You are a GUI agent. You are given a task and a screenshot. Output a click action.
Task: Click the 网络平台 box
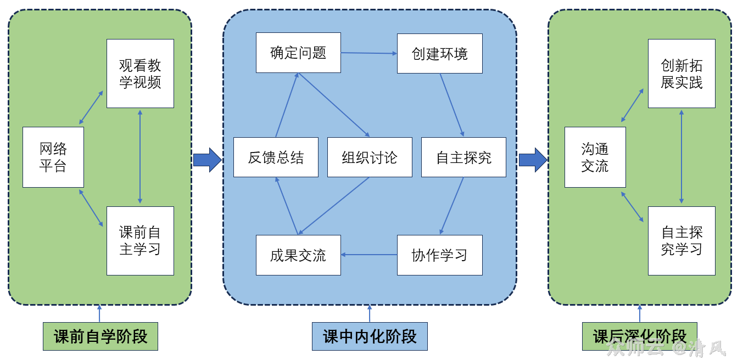pos(53,157)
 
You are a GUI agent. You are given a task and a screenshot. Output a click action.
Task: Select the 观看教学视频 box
pos(140,74)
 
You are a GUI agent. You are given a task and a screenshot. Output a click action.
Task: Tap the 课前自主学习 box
pos(140,240)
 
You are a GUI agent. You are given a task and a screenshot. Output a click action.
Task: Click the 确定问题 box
pos(298,53)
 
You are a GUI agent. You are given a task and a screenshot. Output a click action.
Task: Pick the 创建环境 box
pos(439,54)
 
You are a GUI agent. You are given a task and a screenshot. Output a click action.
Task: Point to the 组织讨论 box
pos(370,157)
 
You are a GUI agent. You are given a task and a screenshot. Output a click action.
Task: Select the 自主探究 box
pos(463,157)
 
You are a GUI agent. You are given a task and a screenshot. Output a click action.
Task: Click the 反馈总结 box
pos(276,157)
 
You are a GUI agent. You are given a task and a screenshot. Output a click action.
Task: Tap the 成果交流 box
pos(298,255)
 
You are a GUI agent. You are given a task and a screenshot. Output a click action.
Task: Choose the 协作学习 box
pos(439,255)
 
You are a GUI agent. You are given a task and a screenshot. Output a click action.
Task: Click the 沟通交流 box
pos(595,157)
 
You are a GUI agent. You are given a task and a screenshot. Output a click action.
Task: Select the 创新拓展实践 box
pos(681,74)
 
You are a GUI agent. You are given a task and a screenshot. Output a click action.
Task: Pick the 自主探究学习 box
pos(681,240)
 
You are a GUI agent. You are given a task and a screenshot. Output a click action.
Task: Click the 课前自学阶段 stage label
pos(100,336)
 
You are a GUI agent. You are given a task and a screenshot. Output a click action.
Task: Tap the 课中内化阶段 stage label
pos(370,336)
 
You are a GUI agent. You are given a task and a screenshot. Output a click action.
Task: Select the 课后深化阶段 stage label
pos(640,336)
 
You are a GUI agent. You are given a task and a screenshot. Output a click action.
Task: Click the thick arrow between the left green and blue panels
pos(207,160)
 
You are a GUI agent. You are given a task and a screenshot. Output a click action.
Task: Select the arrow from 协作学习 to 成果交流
pos(369,255)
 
